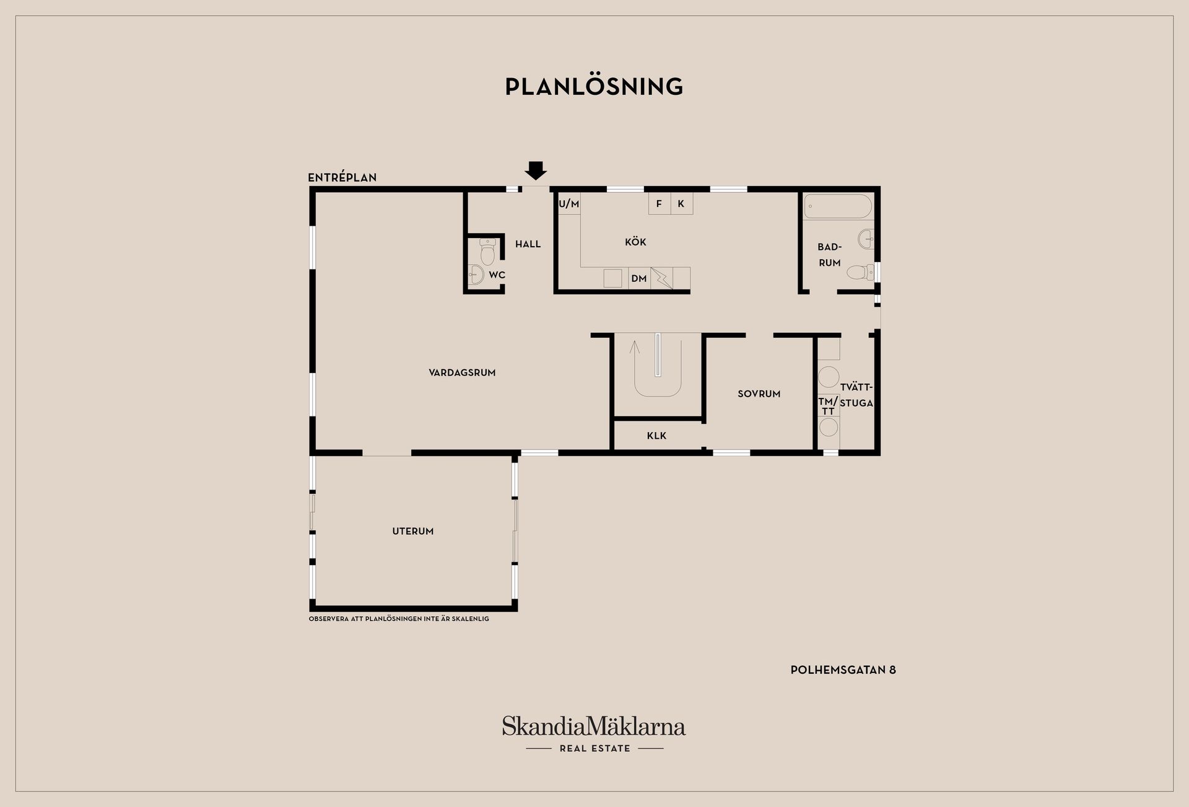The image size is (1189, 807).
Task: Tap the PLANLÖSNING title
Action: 594,87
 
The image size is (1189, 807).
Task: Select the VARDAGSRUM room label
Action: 462,373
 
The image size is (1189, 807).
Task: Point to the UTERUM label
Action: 413,531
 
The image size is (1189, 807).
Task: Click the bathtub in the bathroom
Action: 838,206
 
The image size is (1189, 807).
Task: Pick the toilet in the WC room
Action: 487,252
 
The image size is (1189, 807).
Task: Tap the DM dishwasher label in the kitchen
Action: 639,279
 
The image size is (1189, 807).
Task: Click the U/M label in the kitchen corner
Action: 569,204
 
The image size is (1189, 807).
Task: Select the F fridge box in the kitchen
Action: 659,204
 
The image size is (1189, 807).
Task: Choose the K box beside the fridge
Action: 681,204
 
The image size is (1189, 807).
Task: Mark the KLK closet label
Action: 656,436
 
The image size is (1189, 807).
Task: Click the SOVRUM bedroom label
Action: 759,394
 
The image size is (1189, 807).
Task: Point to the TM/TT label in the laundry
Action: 828,406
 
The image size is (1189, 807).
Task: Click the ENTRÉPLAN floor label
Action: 342,177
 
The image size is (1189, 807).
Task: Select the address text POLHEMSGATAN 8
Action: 843,669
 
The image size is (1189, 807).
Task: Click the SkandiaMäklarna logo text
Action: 594,726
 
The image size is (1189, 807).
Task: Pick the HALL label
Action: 528,244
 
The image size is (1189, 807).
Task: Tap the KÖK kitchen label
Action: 635,242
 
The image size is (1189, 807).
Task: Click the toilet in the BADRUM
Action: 860,272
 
